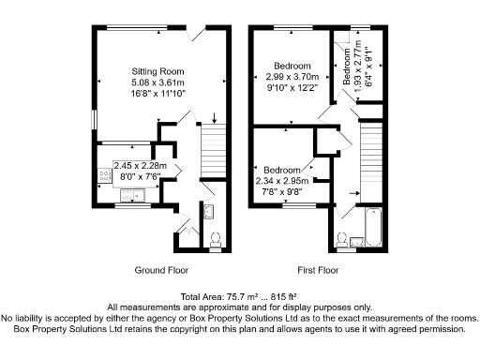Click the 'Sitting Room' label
pos(157,71)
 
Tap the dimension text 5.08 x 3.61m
pos(157,82)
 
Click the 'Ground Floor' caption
pos(160,268)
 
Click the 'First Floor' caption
pos(318,268)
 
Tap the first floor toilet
pos(343,240)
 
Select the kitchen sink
pos(133,196)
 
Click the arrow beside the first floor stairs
pos(354,194)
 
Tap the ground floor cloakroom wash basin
pos(209,211)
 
